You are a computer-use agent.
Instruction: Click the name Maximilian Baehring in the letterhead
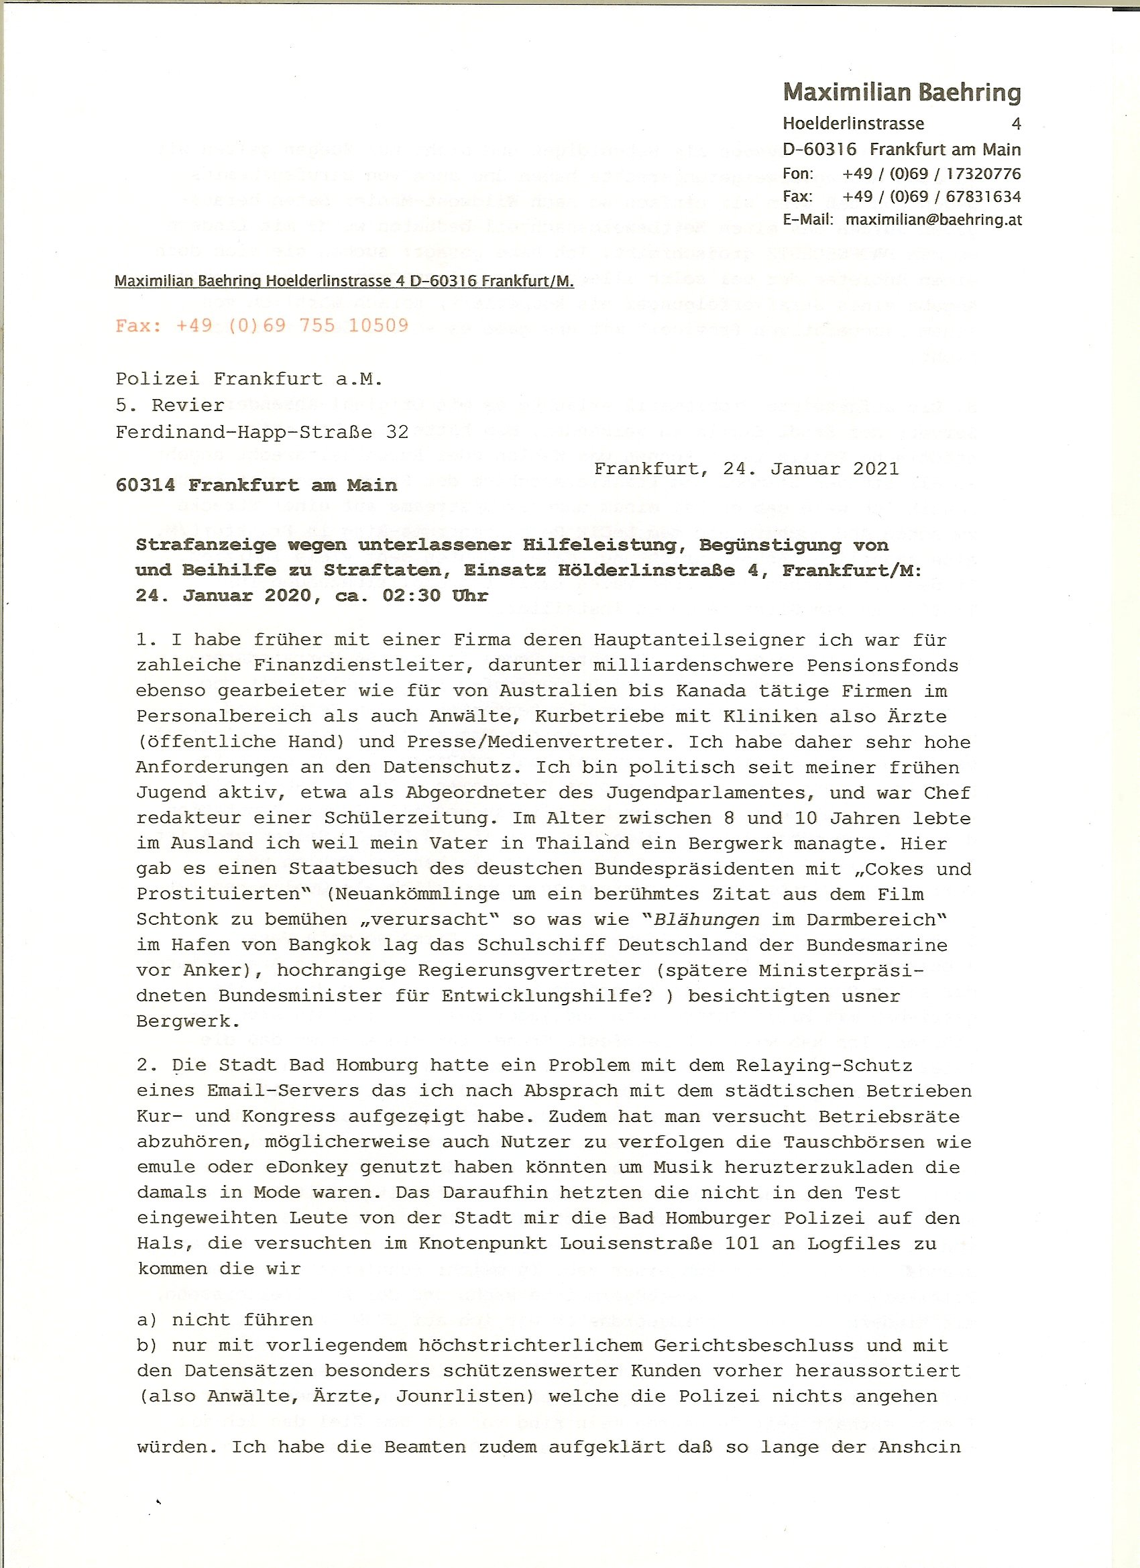point(901,92)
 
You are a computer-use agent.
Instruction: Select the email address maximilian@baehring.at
point(933,220)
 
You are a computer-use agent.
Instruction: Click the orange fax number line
point(262,326)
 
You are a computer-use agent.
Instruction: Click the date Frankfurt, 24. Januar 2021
point(746,469)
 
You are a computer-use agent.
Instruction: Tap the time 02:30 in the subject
point(411,596)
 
